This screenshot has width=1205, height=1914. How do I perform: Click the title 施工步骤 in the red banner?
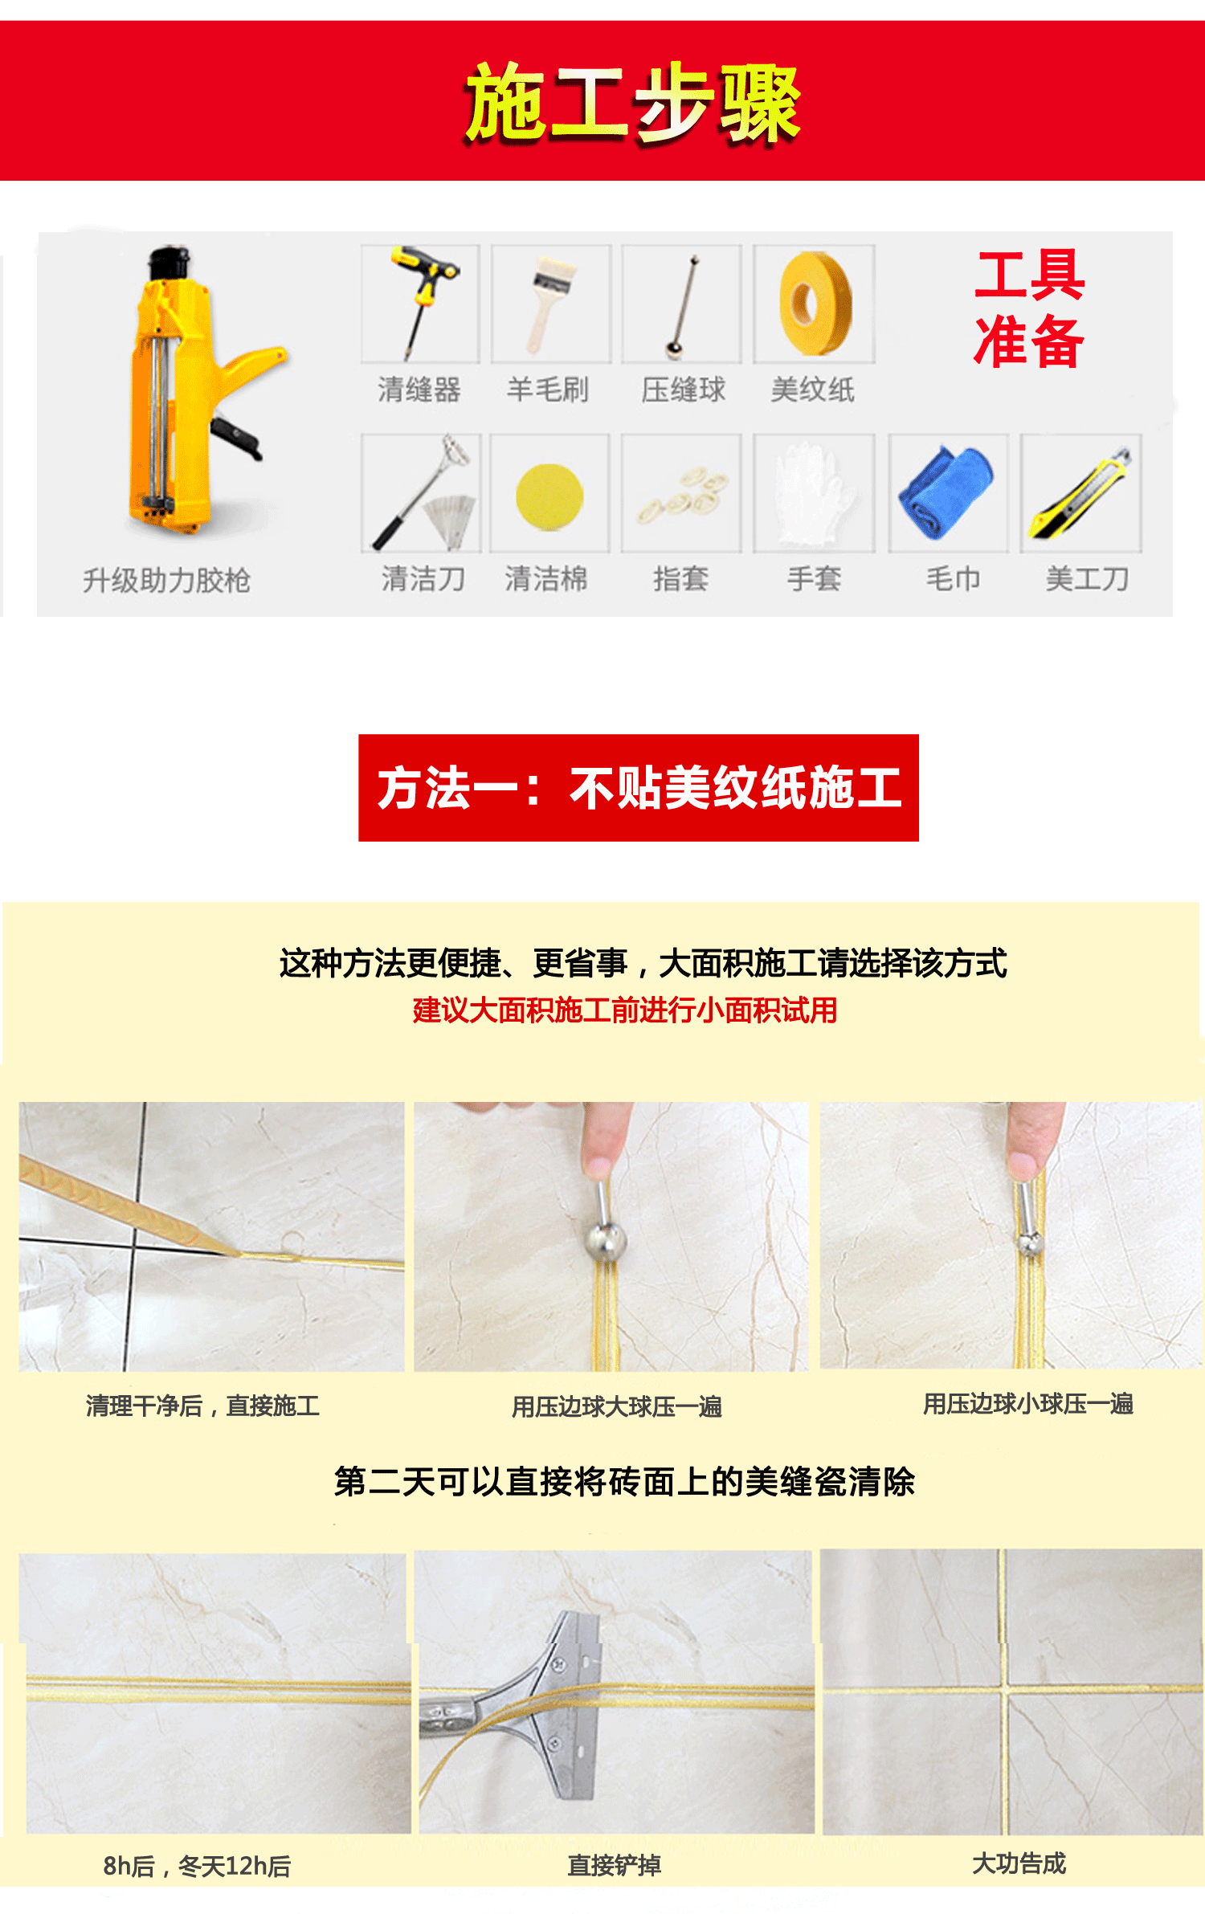(x=633, y=103)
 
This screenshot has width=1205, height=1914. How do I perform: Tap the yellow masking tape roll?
(x=815, y=303)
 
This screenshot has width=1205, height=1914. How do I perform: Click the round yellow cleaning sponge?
(x=549, y=496)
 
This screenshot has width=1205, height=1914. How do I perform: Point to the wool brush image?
(x=550, y=303)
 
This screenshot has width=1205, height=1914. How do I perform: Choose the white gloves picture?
(x=813, y=492)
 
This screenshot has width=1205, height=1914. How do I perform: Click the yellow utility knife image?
(x=1081, y=494)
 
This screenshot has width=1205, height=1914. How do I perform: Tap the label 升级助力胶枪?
(x=166, y=580)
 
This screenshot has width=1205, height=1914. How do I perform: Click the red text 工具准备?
(x=1029, y=309)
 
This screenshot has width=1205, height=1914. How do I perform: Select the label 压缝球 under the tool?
(x=683, y=390)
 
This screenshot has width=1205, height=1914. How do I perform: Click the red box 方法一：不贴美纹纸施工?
(x=639, y=787)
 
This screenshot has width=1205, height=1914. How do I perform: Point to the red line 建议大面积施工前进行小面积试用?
(x=625, y=1010)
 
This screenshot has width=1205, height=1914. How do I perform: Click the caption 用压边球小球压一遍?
(x=1027, y=1403)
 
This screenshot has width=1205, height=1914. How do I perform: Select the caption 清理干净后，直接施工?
(x=202, y=1406)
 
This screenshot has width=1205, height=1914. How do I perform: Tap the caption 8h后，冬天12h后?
(x=197, y=1866)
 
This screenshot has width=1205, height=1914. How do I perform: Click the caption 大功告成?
(x=1019, y=1863)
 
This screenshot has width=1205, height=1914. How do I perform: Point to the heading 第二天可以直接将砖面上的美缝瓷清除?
(x=625, y=1482)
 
